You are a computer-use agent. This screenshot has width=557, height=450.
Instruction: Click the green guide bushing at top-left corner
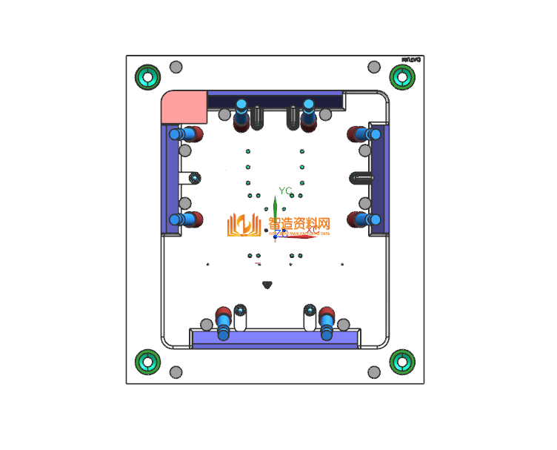147,76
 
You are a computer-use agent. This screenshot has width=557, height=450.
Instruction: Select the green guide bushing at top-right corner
402,76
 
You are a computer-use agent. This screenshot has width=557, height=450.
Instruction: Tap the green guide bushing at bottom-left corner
147,363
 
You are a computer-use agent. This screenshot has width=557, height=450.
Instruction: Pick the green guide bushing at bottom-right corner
402,363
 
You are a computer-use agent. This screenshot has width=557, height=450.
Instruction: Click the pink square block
184,107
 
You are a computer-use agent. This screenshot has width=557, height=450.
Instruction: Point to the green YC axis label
285,191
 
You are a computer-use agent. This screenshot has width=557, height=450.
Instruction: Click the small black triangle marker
267,284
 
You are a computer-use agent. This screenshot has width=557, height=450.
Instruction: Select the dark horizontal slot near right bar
361,178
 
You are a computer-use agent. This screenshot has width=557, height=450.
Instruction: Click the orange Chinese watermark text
298,223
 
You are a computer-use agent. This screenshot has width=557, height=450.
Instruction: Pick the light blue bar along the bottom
274,339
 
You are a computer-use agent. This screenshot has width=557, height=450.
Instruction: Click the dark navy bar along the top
275,99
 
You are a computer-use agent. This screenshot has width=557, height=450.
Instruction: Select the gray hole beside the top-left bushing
176,67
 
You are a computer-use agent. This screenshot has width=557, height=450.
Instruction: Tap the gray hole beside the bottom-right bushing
374,371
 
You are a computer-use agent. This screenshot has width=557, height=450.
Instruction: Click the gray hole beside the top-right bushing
374,67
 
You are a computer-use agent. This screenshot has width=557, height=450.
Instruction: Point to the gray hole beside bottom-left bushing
176,371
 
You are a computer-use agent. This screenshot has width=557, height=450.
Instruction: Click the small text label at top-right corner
411,59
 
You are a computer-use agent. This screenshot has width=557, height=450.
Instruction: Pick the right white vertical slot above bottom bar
310,318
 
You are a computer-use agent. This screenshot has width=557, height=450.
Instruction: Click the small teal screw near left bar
195,178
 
